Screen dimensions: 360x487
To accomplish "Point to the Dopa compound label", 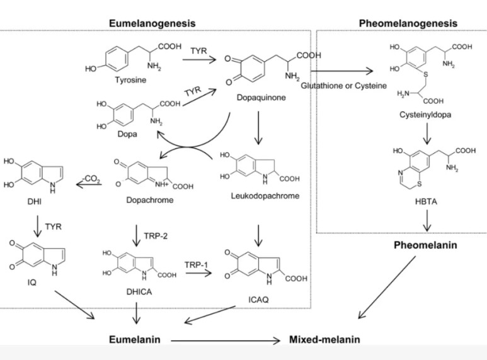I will tap(128, 134).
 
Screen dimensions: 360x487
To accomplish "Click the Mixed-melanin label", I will tap(324, 339).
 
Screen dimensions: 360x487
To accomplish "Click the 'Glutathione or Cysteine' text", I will tap(343, 85).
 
